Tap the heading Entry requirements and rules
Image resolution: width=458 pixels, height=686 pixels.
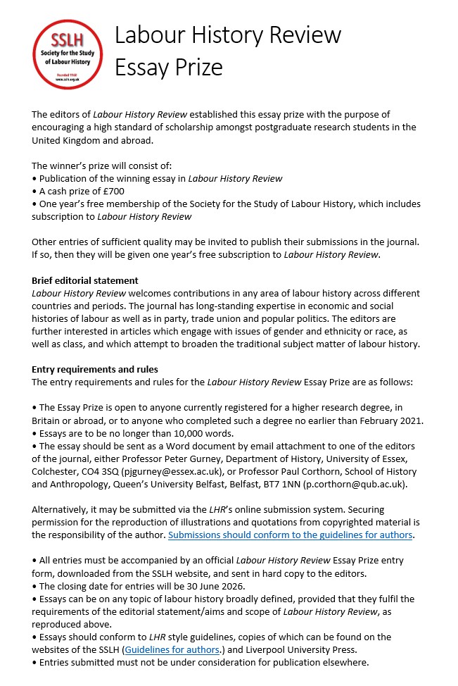(x=95, y=369)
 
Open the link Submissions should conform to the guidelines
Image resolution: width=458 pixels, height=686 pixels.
(x=290, y=535)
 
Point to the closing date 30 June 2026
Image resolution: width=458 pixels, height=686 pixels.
(x=243, y=586)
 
